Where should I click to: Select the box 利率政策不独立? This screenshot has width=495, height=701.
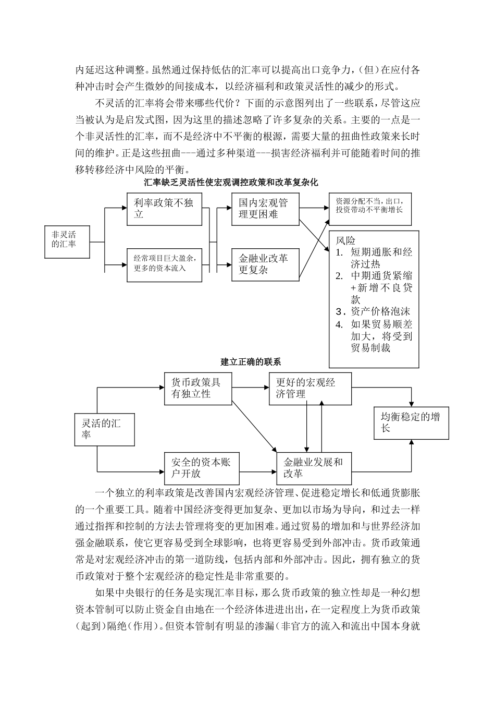[164, 209]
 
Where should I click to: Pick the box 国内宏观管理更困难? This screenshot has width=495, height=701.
[265, 209]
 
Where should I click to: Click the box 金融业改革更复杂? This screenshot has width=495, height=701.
[265, 264]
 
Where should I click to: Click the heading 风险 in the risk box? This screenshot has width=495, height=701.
[345, 241]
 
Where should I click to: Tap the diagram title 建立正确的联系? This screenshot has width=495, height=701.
[251, 361]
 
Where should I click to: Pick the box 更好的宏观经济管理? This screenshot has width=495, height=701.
[310, 389]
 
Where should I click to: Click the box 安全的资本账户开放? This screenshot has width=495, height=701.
[202, 468]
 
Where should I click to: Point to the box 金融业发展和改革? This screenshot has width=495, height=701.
[314, 468]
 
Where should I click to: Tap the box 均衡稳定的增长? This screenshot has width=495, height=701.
[411, 422]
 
